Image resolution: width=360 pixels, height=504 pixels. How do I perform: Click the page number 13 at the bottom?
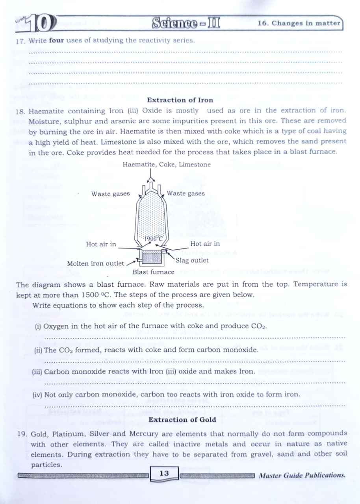[x=164, y=473]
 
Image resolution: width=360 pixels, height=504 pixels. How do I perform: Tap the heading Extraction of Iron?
[x=180, y=100]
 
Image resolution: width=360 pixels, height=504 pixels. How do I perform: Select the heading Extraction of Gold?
[x=182, y=419]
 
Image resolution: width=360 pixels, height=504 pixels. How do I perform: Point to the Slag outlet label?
[x=192, y=260]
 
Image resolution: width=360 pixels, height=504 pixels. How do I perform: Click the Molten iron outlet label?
[x=95, y=263]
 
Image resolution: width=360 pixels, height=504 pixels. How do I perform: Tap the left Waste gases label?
[x=110, y=194]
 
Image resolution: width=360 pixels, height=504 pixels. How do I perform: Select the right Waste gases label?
[x=186, y=193]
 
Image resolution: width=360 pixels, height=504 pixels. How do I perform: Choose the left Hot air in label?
[x=101, y=244]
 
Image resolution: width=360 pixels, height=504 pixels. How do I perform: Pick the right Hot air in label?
[x=205, y=244]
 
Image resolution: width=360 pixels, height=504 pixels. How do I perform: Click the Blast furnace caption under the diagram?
[x=153, y=272]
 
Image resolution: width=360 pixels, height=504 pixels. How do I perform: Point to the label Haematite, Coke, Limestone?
[x=167, y=164]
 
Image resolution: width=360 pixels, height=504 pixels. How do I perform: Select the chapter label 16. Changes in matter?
[x=299, y=23]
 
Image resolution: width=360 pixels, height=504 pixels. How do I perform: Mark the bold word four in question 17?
[x=56, y=40]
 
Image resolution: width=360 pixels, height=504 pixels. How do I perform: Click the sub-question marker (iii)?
[x=37, y=371]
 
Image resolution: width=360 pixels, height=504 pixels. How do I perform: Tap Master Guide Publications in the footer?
[x=302, y=475]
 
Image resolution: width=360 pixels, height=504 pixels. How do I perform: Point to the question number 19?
[x=22, y=434]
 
